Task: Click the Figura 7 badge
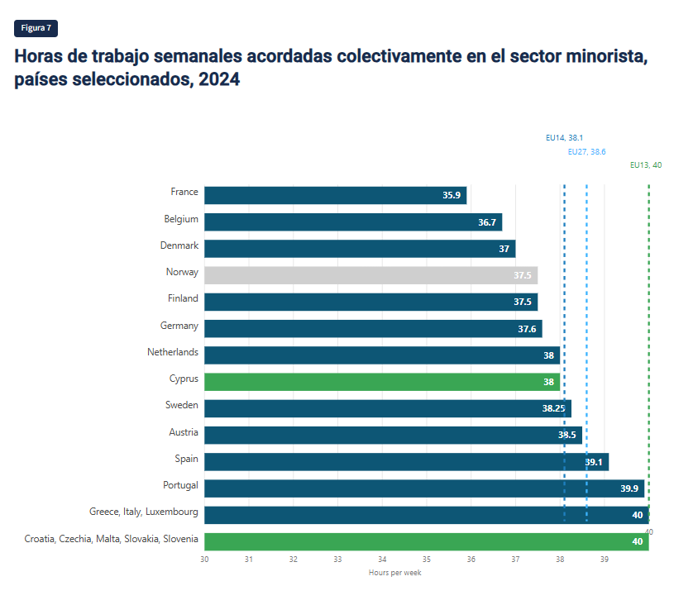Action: pos(36,28)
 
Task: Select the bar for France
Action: pos(335,195)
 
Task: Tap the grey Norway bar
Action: pos(370,275)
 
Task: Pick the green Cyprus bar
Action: pos(381,382)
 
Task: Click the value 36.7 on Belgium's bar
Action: pos(487,222)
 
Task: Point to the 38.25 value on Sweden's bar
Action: pos(553,408)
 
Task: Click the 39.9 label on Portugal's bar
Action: pos(629,488)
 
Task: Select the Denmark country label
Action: pos(179,245)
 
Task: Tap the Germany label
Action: pos(179,326)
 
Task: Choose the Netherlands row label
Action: pos(173,352)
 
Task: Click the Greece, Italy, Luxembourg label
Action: pos(144,512)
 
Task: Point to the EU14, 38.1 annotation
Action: pos(565,138)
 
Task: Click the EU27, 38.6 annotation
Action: pos(587,152)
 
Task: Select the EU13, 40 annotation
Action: pos(645,165)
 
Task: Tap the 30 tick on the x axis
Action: pos(204,560)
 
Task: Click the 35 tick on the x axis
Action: pos(427,560)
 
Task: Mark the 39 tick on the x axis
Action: pos(605,560)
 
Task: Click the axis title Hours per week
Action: pos(394,573)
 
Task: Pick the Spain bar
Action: pos(406,462)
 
